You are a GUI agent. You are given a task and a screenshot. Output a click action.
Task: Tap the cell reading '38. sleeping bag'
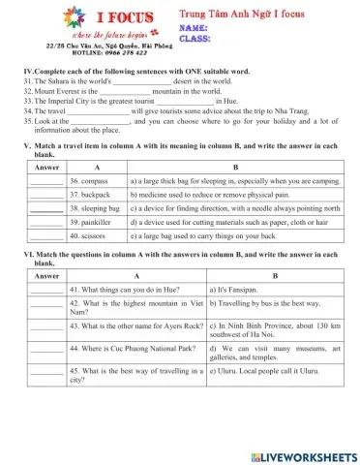coord(95,207)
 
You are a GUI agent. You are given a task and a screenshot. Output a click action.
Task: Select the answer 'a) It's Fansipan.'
coord(236,289)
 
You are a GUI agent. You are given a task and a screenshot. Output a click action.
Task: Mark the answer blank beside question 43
coord(45,325)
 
